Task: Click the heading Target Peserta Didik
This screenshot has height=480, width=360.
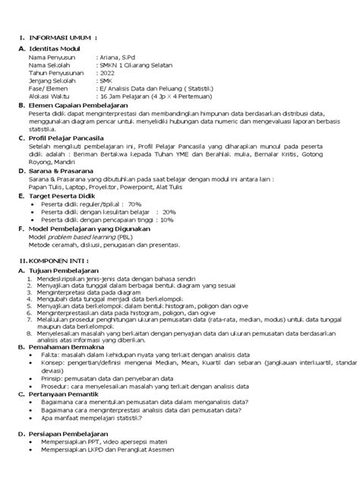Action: (x=70, y=195)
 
